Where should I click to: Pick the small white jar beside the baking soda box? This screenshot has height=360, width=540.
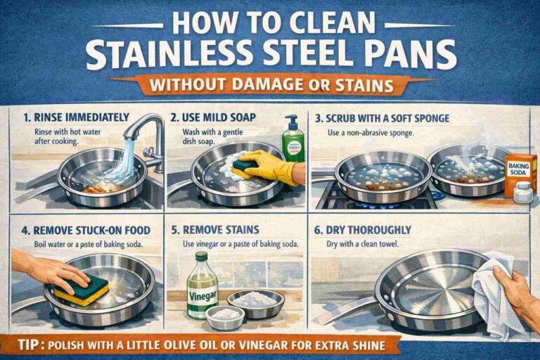click(x=522, y=192)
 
